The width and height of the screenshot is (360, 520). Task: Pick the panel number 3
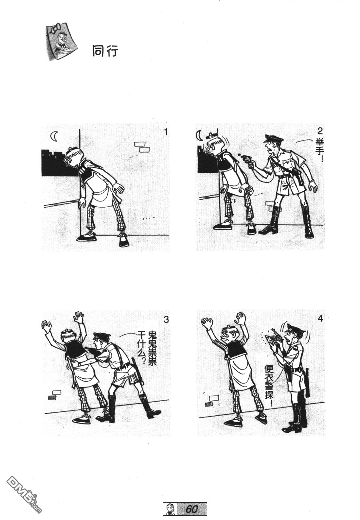(x=166, y=320)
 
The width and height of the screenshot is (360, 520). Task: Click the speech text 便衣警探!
(x=269, y=386)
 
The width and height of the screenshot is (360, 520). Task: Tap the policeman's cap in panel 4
(x=294, y=328)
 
